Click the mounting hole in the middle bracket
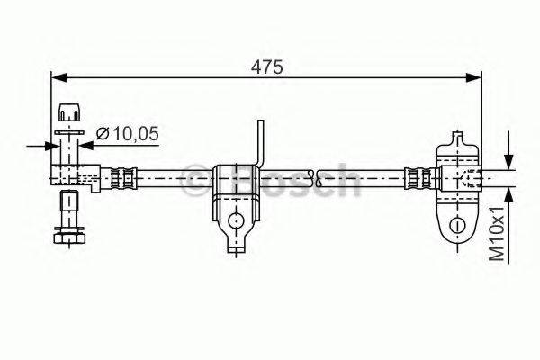[x=235, y=220]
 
